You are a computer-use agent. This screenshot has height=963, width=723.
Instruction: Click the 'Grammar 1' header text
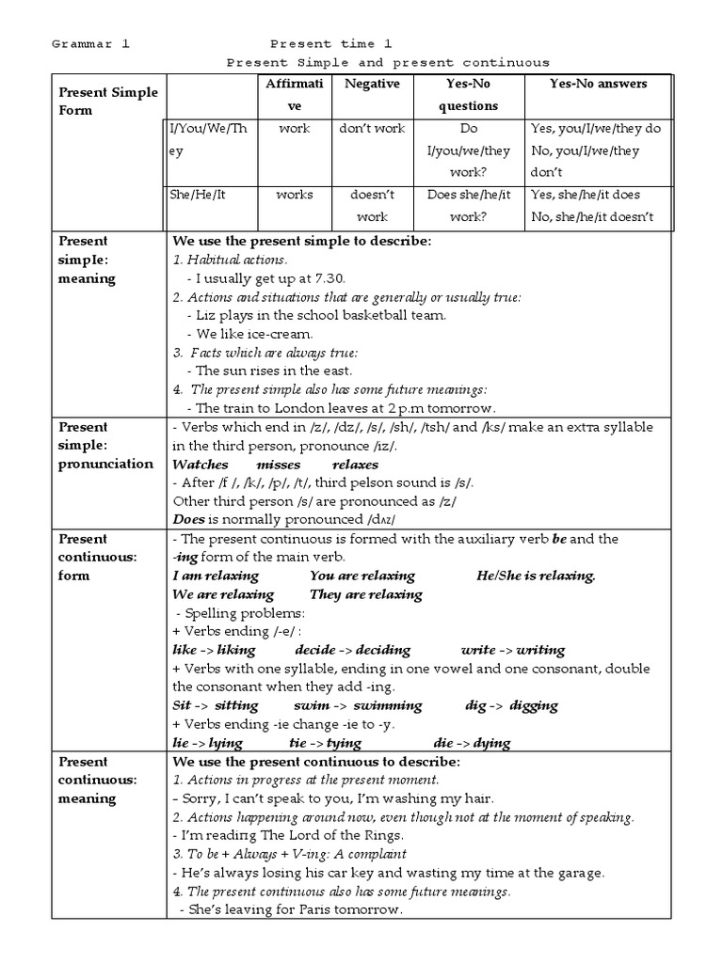click(x=90, y=44)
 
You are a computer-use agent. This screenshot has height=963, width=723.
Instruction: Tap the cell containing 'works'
click(x=294, y=195)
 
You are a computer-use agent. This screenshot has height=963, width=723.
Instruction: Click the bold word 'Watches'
click(x=202, y=465)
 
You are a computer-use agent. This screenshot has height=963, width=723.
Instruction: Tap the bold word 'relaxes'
click(x=355, y=465)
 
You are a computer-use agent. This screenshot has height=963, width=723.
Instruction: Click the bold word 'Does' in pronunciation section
click(x=189, y=519)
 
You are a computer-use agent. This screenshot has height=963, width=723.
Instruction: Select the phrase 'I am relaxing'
click(x=217, y=576)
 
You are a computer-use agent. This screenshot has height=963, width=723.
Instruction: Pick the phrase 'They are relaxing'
click(x=365, y=594)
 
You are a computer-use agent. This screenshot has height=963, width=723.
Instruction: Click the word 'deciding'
click(x=382, y=650)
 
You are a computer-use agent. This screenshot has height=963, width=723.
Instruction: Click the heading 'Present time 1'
click(x=330, y=44)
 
